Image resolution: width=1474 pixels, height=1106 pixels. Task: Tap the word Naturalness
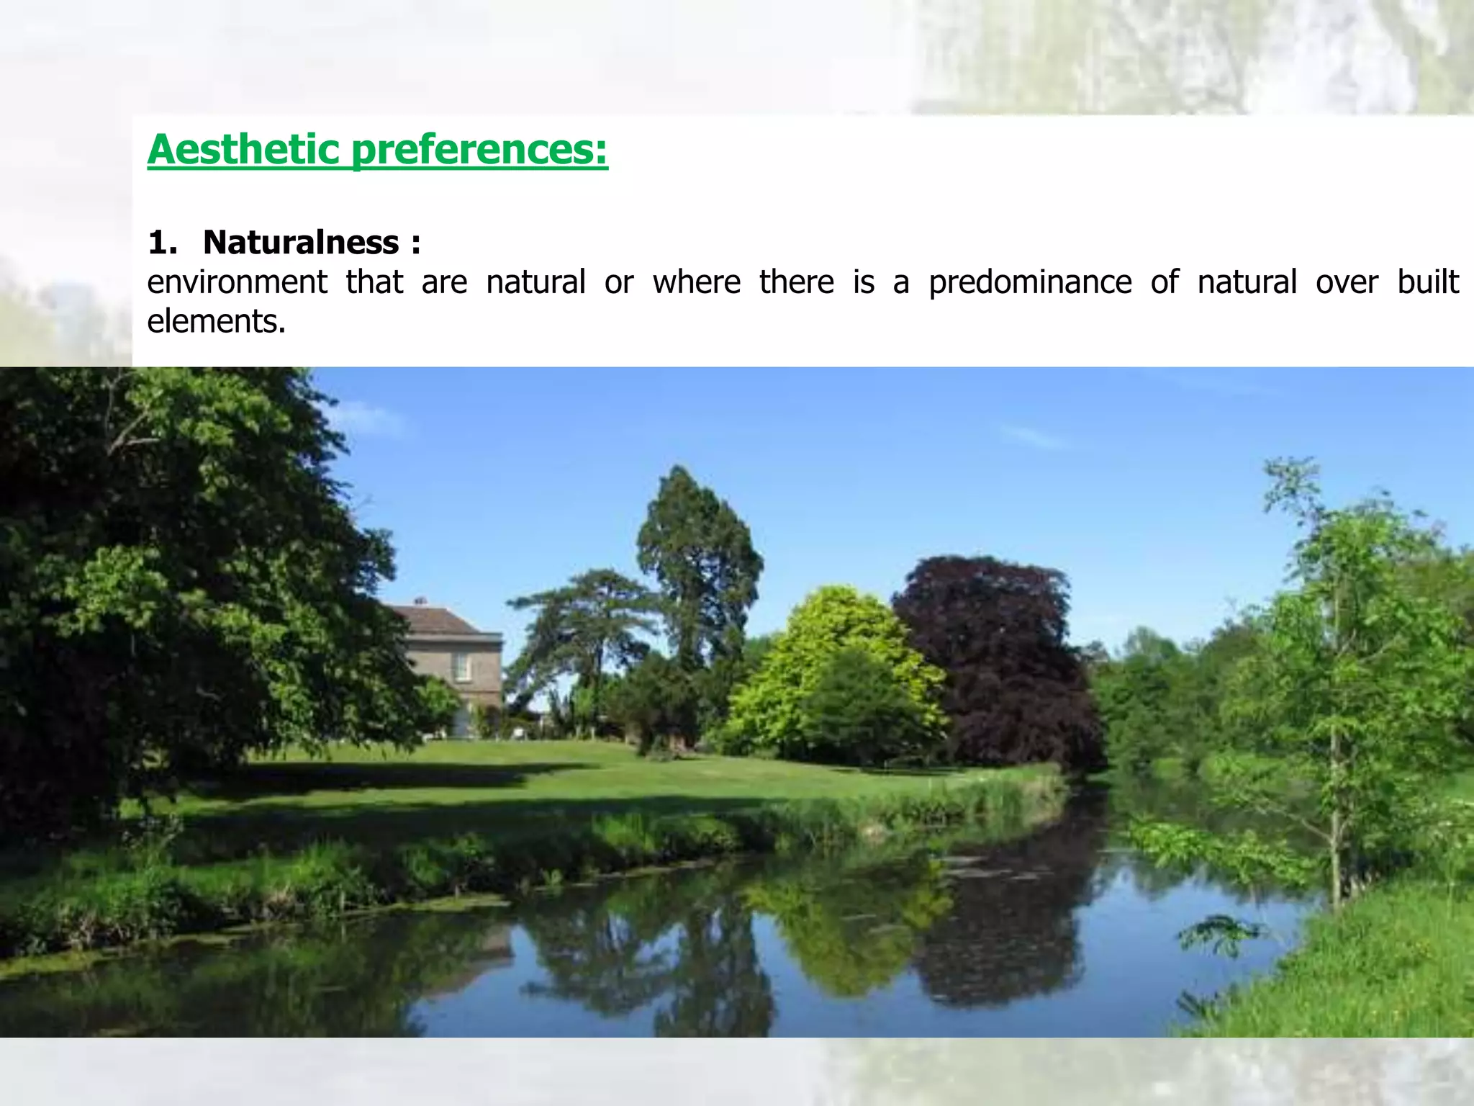(301, 242)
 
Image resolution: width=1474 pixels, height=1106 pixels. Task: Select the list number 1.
(161, 243)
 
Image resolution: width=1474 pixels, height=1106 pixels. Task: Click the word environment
(237, 282)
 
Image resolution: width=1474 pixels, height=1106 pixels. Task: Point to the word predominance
(1030, 282)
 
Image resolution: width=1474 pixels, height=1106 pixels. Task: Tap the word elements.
(216, 320)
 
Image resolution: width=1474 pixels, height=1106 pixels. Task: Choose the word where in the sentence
(697, 282)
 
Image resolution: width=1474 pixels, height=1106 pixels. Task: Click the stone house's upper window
(461, 666)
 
